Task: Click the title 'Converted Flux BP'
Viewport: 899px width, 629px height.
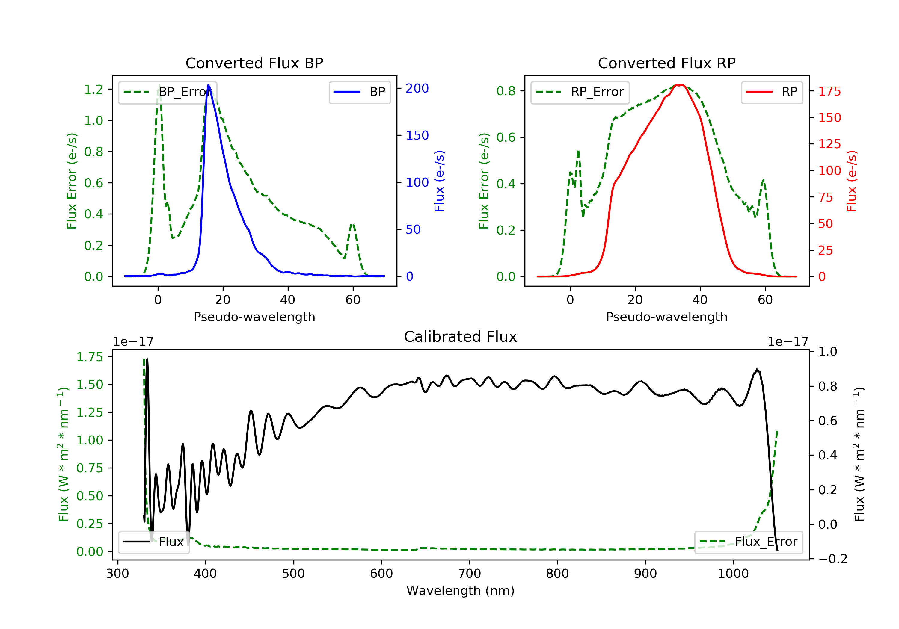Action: click(254, 63)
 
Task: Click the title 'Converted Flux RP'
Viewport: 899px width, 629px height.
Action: click(666, 63)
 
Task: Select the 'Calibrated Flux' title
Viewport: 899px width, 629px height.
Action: click(461, 337)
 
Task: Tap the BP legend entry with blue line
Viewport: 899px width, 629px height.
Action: click(359, 92)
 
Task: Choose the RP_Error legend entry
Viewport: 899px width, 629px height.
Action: click(580, 92)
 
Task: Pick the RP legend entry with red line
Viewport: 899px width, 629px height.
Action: click(772, 92)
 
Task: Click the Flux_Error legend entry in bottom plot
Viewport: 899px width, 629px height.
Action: click(748, 542)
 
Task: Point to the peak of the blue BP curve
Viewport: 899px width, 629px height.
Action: click(208, 85)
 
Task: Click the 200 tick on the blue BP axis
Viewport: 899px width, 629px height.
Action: click(417, 88)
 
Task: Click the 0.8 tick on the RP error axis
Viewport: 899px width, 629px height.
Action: click(506, 91)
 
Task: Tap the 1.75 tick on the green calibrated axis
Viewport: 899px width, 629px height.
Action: click(90, 357)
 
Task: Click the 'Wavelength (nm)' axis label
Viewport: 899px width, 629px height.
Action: click(461, 591)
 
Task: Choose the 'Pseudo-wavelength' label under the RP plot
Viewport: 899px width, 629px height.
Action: click(666, 317)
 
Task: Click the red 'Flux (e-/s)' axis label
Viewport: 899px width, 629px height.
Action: click(852, 181)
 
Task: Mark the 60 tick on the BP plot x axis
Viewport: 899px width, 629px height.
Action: click(353, 300)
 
